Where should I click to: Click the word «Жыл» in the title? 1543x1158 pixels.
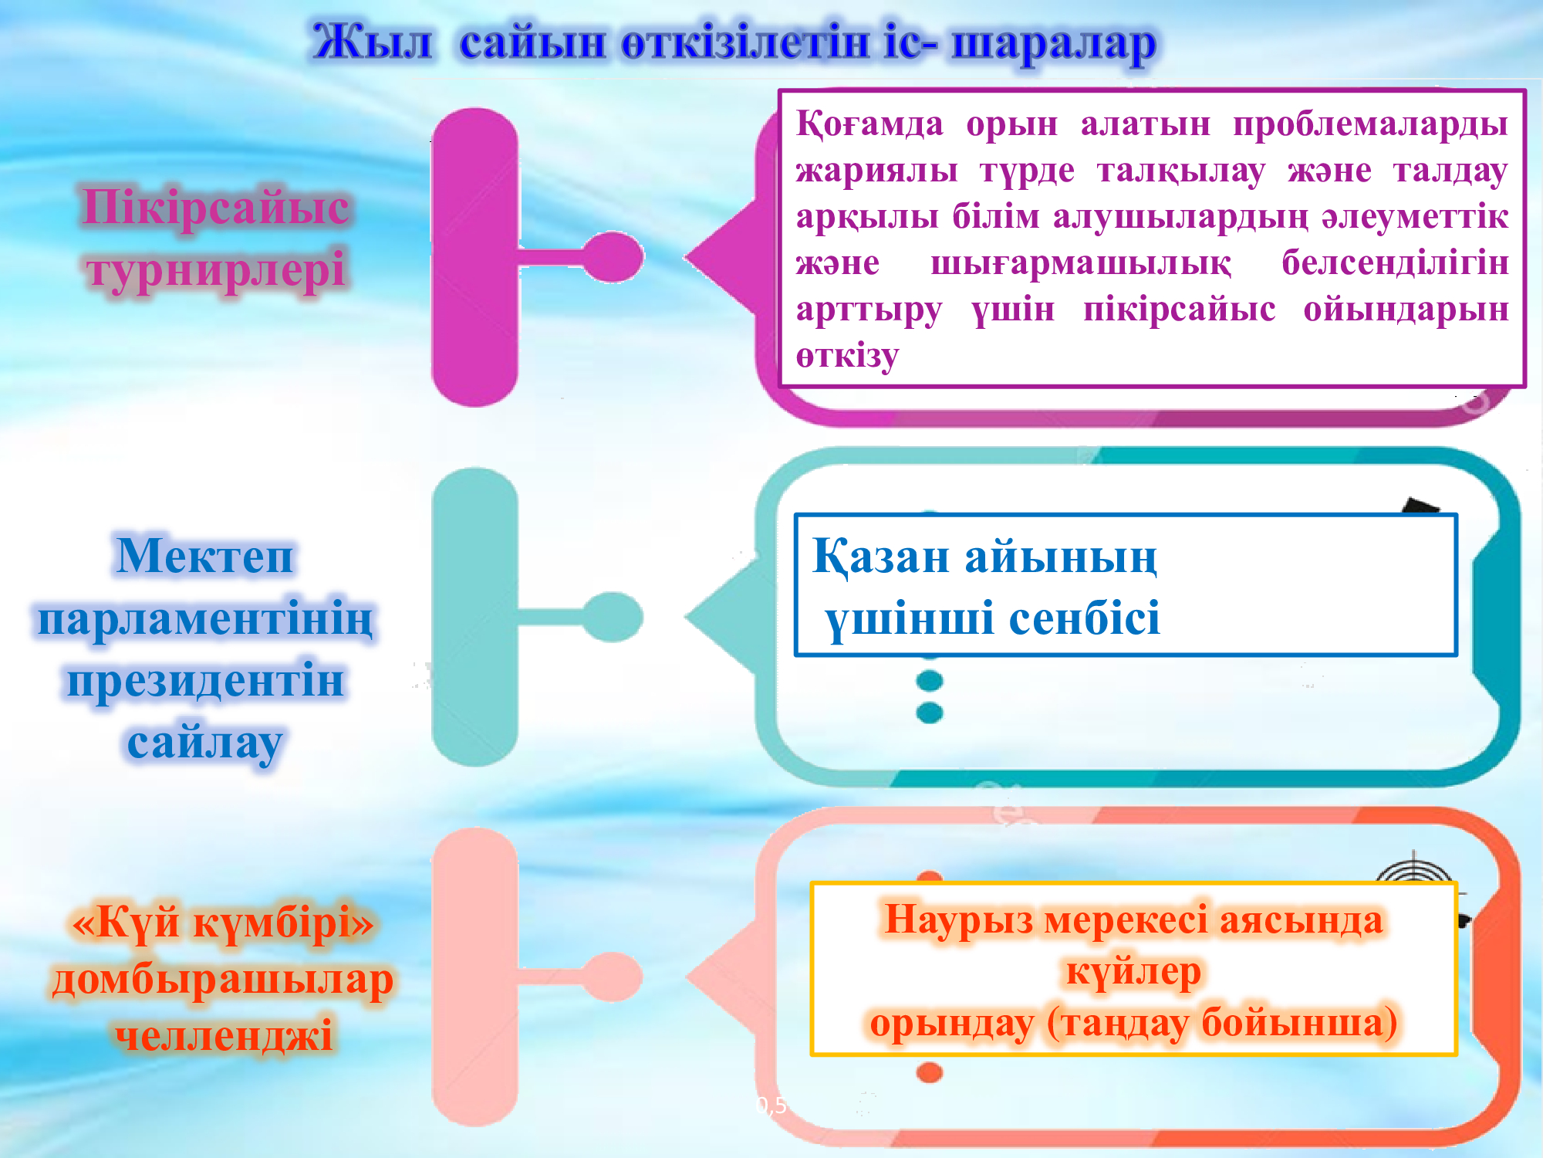372,42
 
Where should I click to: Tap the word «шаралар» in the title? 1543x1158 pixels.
1054,45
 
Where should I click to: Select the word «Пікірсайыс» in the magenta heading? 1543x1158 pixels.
216,207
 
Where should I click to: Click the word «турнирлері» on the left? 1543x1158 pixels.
216,270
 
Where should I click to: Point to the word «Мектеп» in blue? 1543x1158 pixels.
205,555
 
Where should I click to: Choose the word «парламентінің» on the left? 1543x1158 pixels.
205,619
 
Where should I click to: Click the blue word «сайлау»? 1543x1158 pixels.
205,743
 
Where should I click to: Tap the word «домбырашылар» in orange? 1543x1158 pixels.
223,980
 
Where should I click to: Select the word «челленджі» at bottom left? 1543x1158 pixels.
224,1034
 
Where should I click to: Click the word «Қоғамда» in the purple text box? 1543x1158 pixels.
869,124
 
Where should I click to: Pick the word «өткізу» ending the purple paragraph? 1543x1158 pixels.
847,356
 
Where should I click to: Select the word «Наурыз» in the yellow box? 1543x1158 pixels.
958,920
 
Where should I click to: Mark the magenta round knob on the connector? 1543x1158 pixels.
613,257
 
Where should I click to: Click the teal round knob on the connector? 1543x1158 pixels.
613,617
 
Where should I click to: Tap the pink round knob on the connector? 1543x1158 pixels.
613,977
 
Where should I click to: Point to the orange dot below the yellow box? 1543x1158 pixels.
930,1072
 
